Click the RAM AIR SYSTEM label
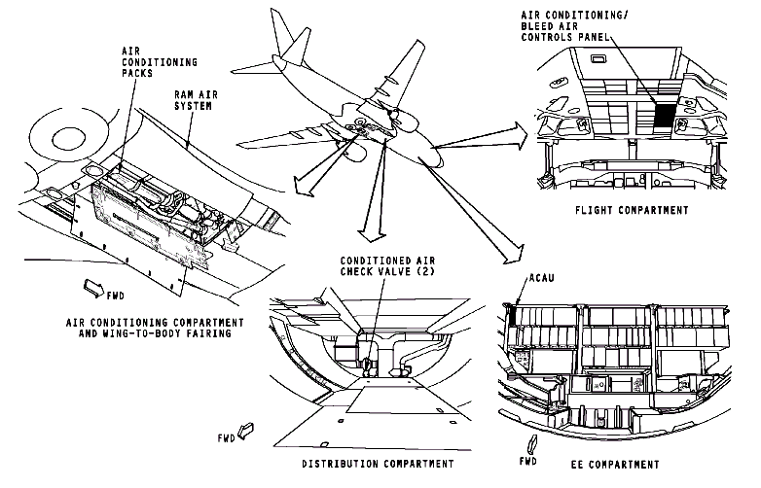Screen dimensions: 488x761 (193, 100)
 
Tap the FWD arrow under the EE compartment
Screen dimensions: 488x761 (531, 442)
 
